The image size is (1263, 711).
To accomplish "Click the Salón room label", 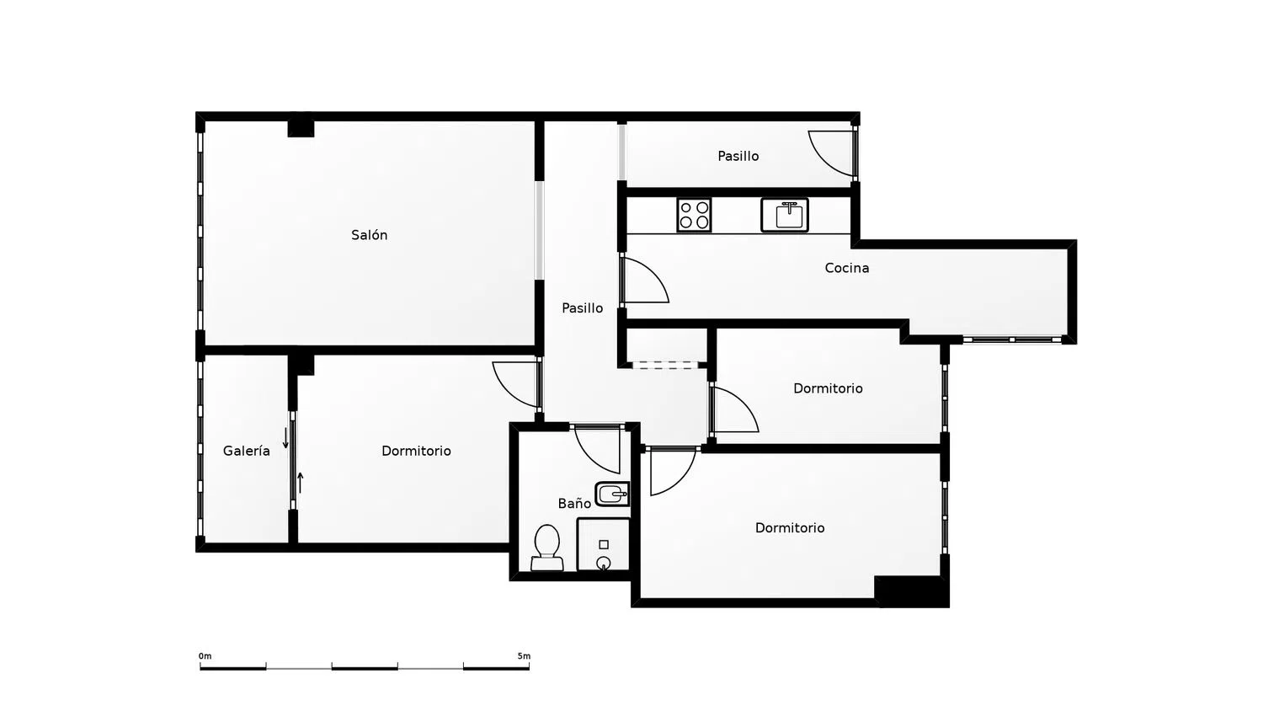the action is pos(370,235).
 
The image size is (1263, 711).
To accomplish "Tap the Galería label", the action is pos(247,451).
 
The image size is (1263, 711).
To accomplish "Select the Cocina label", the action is pos(847,268).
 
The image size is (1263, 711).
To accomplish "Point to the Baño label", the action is pos(574,503).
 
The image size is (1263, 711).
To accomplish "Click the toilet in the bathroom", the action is pos(546,548).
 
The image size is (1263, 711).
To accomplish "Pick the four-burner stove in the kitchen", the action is pos(694,215).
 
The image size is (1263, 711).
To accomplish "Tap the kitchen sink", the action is pos(785,215).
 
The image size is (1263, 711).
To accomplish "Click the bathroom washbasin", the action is pos(612,494).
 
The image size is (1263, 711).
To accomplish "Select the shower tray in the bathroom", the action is pos(604,545).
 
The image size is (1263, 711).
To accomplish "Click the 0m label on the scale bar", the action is pos(205,656).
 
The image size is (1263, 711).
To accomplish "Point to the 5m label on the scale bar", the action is pos(524,656).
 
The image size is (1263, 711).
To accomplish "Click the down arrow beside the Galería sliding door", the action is pos(285,438).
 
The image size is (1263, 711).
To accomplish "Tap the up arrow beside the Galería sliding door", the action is pos(301,483).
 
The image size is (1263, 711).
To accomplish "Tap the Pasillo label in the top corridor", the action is pos(738,157).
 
